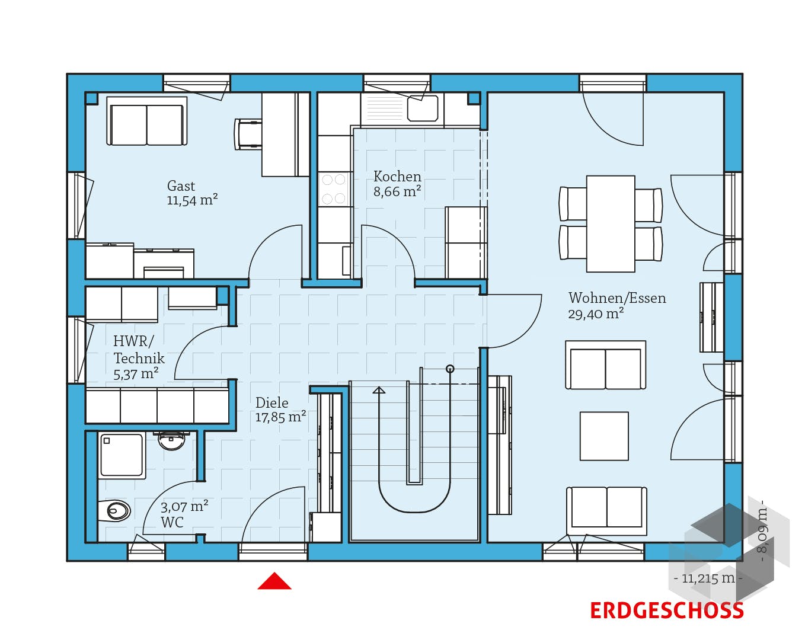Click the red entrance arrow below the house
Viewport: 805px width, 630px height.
click(x=274, y=581)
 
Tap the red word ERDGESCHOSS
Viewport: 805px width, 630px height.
click(x=666, y=610)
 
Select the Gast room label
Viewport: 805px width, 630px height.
click(x=181, y=186)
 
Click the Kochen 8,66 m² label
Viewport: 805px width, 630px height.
click(x=397, y=184)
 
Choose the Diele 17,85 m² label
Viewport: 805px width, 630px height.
click(x=280, y=410)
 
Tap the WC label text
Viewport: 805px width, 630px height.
click(x=172, y=522)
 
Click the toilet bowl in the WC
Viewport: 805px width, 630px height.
click(x=118, y=511)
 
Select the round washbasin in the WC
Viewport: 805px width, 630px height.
click(x=171, y=440)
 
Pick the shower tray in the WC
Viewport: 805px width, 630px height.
click(x=122, y=456)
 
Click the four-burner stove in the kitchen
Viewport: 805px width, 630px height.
click(x=333, y=190)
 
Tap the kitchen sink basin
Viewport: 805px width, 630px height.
click(x=423, y=108)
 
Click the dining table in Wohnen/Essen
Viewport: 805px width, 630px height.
click(x=611, y=223)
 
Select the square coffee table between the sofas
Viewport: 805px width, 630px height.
click(x=604, y=436)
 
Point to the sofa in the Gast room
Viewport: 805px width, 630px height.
click(x=146, y=121)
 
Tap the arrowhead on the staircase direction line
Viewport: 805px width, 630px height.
click(x=379, y=390)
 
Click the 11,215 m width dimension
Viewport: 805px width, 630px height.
click(x=708, y=578)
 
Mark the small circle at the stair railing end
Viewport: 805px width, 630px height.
click(x=450, y=369)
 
